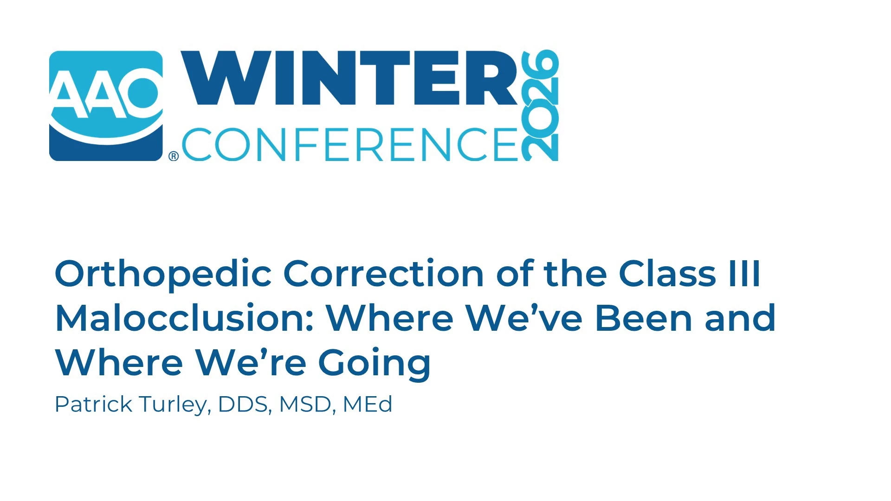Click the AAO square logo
106,106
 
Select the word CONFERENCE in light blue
349,144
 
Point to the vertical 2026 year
540,105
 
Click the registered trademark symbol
174,156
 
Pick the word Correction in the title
384,274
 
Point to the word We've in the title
524,318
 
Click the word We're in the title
251,362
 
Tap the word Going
374,365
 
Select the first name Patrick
93,404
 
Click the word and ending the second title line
740,318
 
